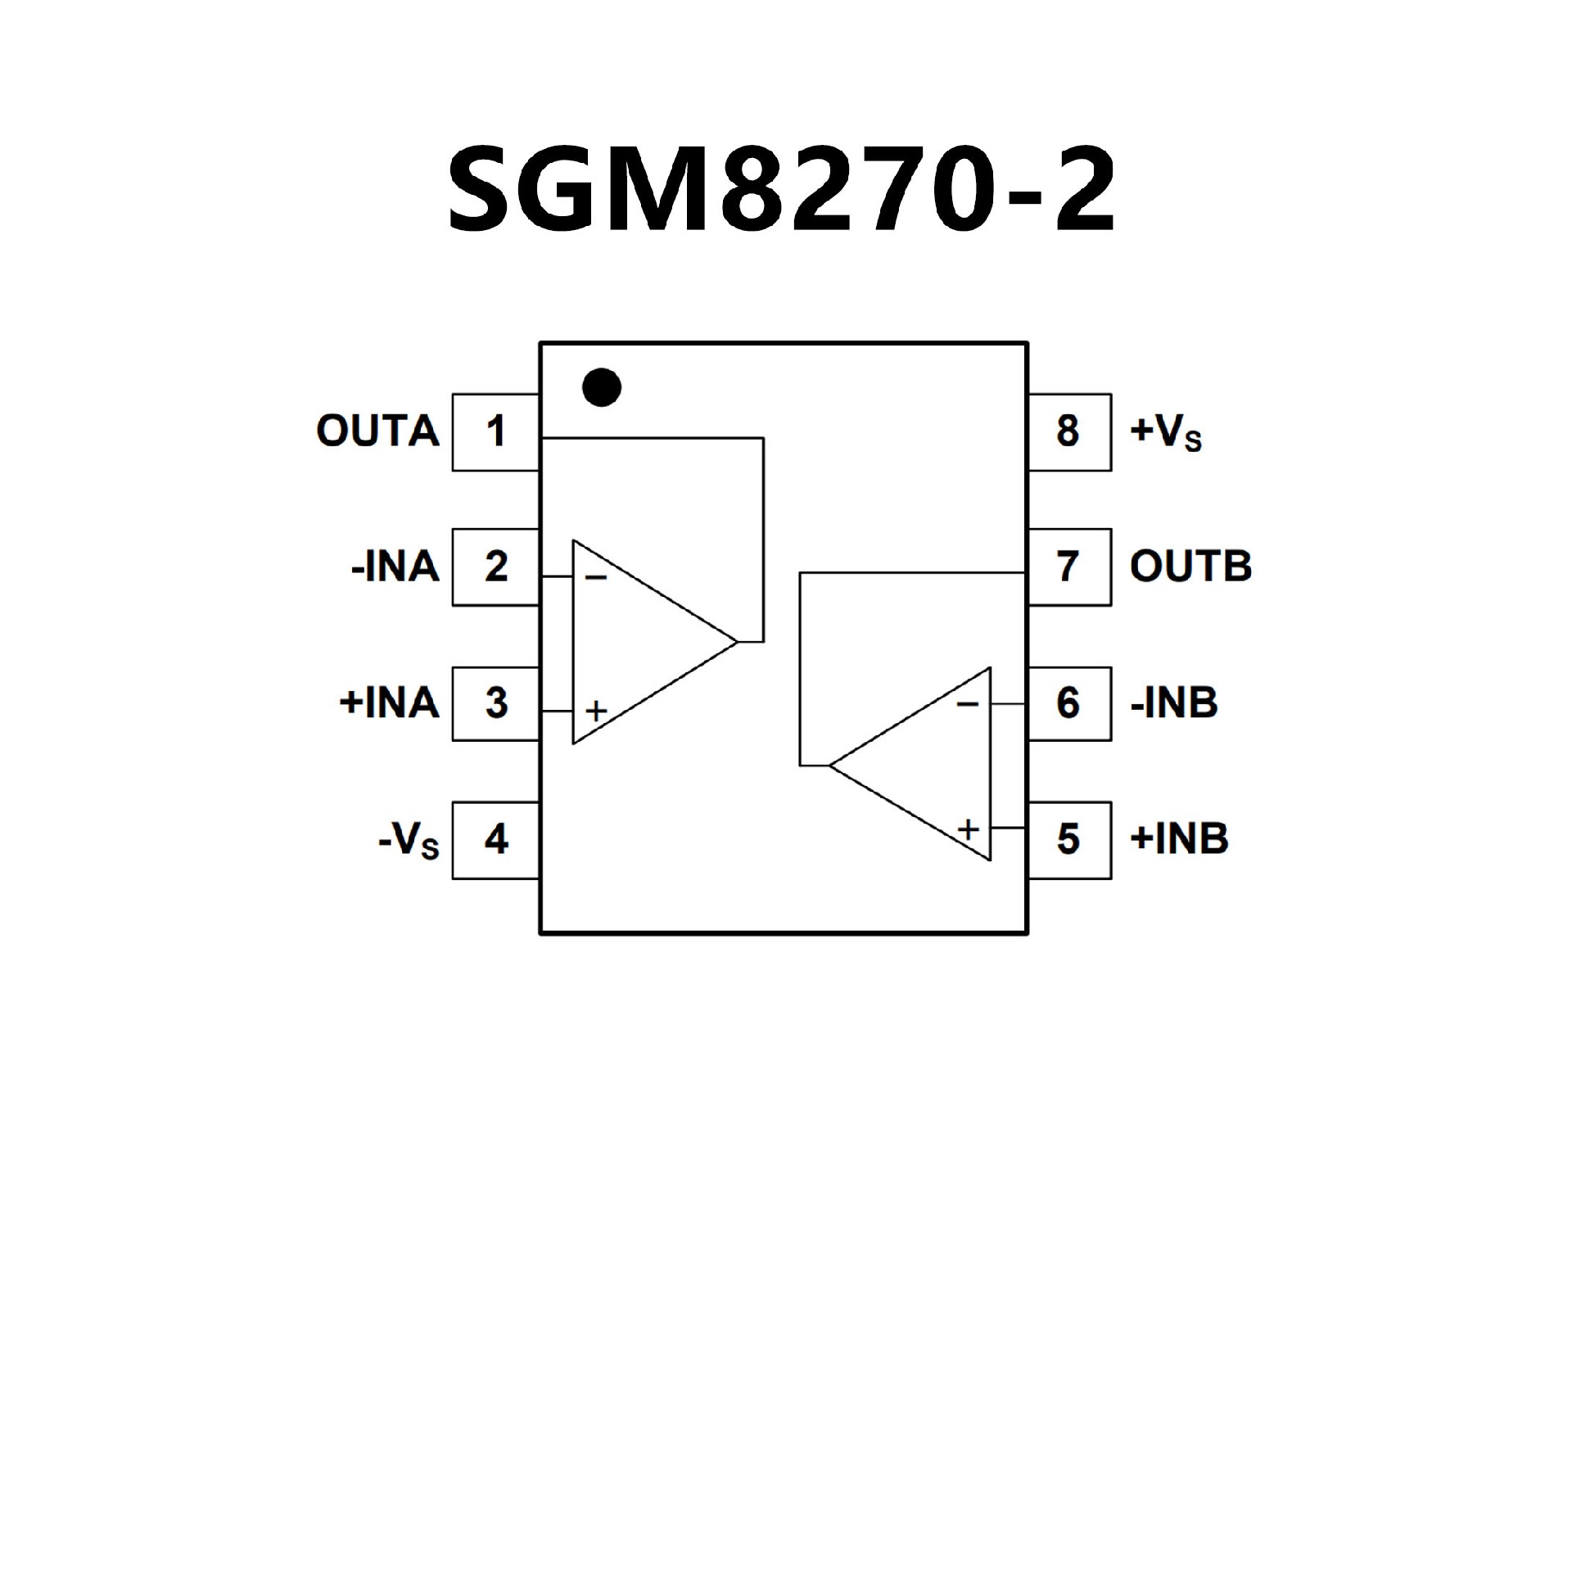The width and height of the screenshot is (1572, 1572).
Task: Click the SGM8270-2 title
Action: [782, 189]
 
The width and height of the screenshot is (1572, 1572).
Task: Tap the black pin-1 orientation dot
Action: [602, 387]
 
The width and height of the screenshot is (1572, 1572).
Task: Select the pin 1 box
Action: [495, 432]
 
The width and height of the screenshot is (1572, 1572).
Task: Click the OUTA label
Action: [377, 431]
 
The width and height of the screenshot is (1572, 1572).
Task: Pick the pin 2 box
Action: [495, 567]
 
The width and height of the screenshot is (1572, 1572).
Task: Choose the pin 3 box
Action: [495, 703]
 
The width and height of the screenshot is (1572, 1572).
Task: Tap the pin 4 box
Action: [495, 839]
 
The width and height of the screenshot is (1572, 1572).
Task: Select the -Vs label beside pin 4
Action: [409, 840]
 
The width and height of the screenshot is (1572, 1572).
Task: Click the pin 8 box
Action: [1069, 432]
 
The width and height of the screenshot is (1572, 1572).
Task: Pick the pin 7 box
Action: [1069, 567]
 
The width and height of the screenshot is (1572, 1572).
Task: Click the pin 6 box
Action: [1069, 703]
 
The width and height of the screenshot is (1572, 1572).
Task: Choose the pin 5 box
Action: [1069, 839]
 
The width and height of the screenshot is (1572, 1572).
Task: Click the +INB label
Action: [1179, 839]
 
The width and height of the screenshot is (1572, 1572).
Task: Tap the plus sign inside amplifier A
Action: [596, 710]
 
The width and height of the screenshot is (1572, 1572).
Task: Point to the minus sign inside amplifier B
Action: [967, 704]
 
